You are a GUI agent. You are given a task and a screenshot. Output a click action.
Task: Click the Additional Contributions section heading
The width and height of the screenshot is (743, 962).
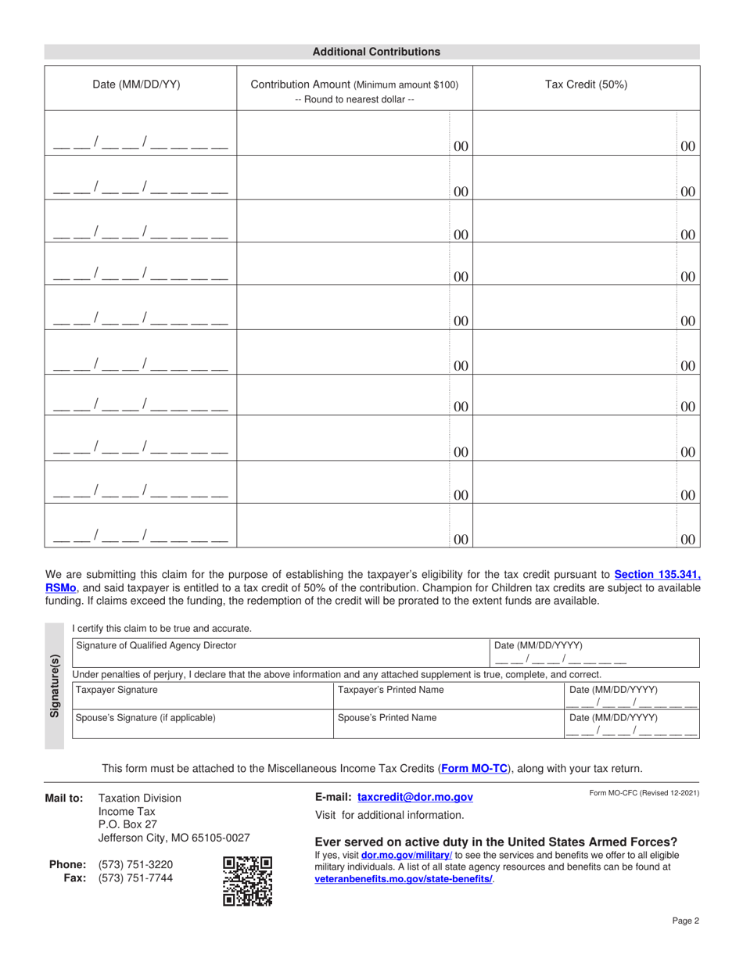coord(376,52)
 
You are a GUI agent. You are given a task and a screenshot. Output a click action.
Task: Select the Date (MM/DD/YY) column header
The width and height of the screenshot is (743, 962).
coord(137,85)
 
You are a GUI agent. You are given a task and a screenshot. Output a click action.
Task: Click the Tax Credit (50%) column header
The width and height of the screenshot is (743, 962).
coord(586,85)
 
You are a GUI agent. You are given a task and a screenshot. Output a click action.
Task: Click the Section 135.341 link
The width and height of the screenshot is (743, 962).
coord(657,574)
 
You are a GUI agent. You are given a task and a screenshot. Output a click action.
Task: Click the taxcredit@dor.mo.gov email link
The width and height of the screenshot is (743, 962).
coord(415,797)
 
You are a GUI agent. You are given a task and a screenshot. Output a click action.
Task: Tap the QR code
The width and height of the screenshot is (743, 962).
coord(247,881)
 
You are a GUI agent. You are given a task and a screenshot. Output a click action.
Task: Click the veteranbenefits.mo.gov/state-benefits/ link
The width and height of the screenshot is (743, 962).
coord(404,879)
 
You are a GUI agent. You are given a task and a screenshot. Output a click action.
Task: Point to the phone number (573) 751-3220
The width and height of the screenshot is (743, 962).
coord(135,864)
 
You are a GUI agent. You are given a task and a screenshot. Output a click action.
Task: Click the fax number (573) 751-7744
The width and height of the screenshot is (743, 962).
coord(135,878)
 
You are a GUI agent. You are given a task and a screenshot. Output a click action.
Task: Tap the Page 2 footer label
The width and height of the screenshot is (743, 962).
coord(684,921)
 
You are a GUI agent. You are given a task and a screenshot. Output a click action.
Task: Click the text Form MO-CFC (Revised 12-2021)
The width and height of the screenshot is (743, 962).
coord(644,793)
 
